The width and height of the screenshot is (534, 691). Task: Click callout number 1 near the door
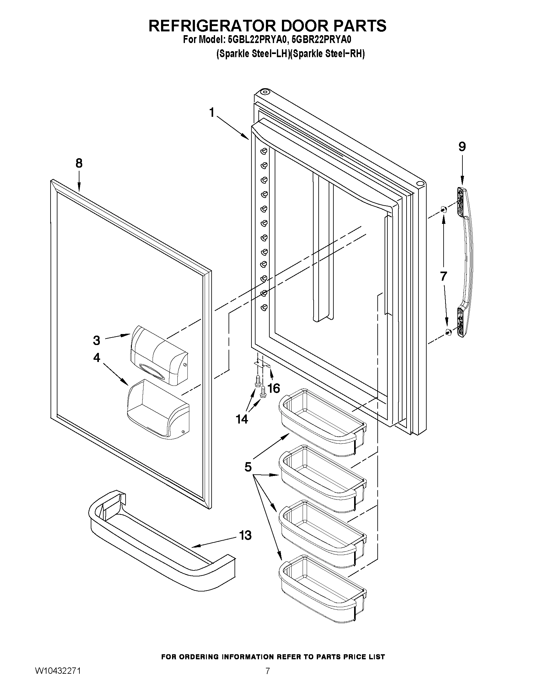(212, 112)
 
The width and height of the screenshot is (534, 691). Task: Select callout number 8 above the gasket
(79, 163)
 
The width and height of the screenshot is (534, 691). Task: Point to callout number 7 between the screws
(443, 276)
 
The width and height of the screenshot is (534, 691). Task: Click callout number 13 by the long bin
(245, 535)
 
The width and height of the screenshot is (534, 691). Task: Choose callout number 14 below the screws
(242, 419)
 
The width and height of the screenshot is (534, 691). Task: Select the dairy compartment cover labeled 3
(160, 356)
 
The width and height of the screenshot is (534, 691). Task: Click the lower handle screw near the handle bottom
(448, 332)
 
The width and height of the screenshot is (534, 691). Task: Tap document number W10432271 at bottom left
(58, 679)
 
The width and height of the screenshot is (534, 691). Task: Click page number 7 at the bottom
(268, 679)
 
